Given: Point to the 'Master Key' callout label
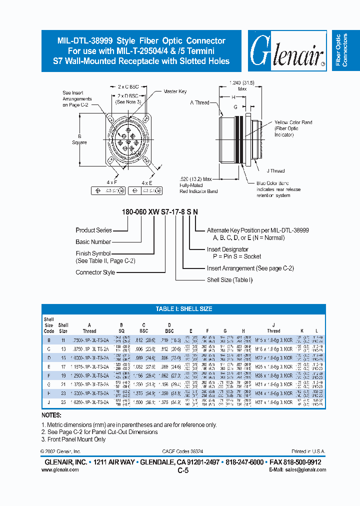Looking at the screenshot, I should click(x=174, y=92).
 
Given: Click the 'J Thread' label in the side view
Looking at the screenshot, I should click(x=275, y=170).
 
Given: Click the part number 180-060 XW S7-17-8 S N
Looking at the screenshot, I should click(x=159, y=212).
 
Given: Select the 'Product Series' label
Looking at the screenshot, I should click(x=93, y=230).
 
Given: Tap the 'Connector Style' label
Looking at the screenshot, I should click(x=95, y=272).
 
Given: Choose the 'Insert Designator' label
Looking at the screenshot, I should click(x=227, y=249).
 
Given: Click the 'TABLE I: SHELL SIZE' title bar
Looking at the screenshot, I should click(x=183, y=309).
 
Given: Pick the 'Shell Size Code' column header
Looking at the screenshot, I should click(x=49, y=325).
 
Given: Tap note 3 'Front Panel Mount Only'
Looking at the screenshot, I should click(x=75, y=439).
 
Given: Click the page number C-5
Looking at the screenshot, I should click(x=182, y=470).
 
